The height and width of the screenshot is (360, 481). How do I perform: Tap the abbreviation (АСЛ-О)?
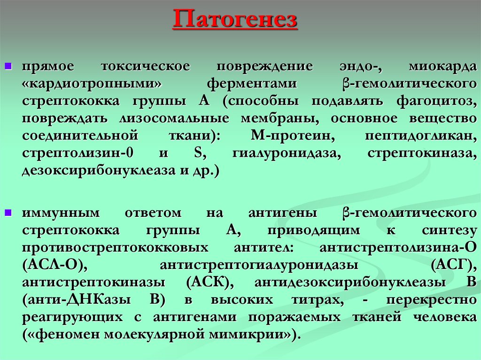pos(54,265)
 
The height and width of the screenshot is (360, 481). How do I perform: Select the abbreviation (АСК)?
pos(207,283)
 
